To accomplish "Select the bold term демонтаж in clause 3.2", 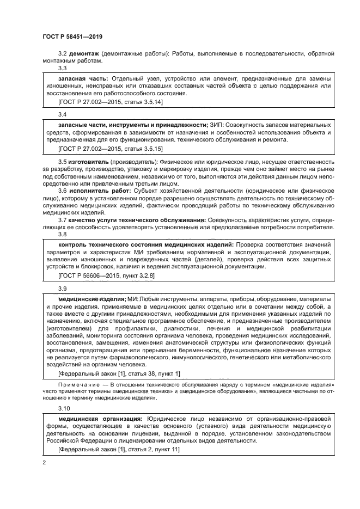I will (82, 54).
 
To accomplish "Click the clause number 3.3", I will (63, 69).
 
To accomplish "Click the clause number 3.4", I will (63, 115).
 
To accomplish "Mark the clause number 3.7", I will (63, 219).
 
